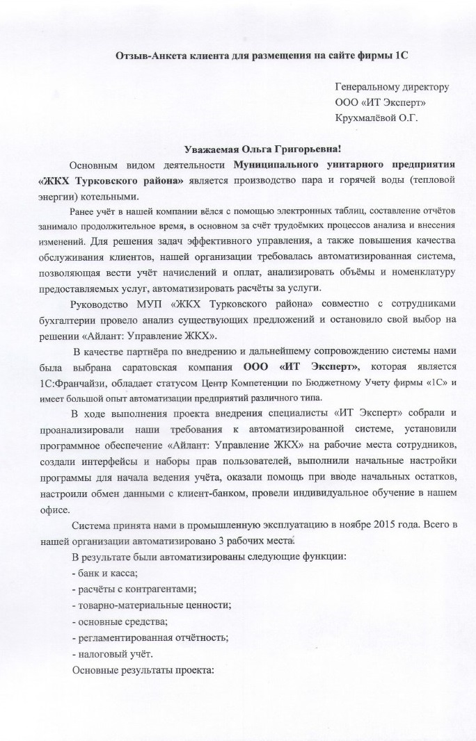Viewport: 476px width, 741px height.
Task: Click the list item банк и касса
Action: click(104, 573)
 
